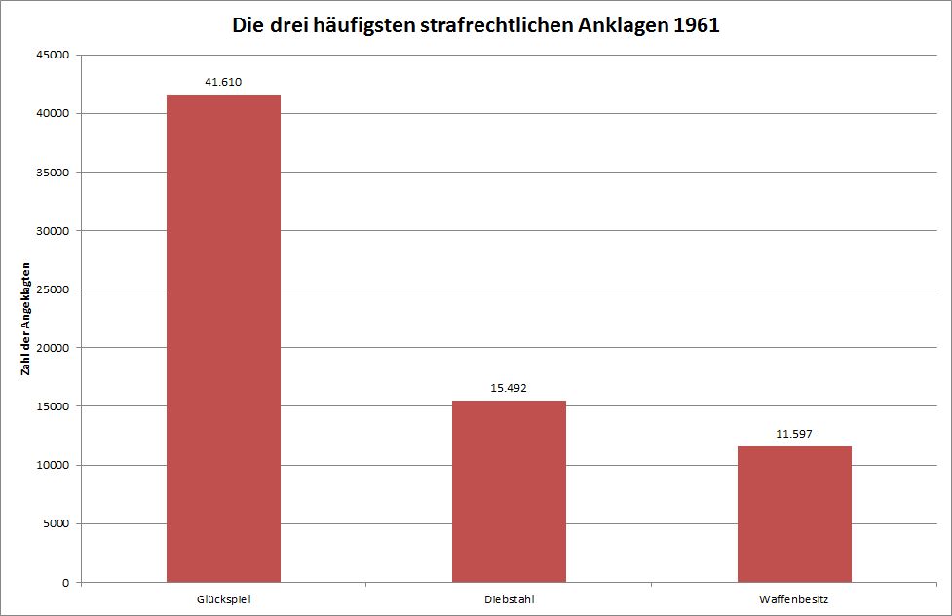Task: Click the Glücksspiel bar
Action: click(223, 338)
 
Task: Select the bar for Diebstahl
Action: click(509, 491)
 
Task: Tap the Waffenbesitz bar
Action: click(794, 514)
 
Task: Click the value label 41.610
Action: click(223, 82)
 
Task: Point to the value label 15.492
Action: click(509, 388)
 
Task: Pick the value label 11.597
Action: click(794, 434)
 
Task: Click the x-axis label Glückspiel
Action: click(223, 598)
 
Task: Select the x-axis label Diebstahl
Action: click(509, 598)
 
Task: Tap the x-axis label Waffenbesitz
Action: click(794, 598)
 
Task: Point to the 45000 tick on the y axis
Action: click(52, 56)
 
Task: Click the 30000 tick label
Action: click(52, 231)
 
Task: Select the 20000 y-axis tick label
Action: click(52, 348)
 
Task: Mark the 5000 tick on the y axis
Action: click(56, 523)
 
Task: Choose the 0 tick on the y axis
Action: click(64, 582)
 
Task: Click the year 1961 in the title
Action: click(695, 25)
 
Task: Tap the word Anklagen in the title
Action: click(620, 25)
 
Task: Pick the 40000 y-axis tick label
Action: click(52, 114)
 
